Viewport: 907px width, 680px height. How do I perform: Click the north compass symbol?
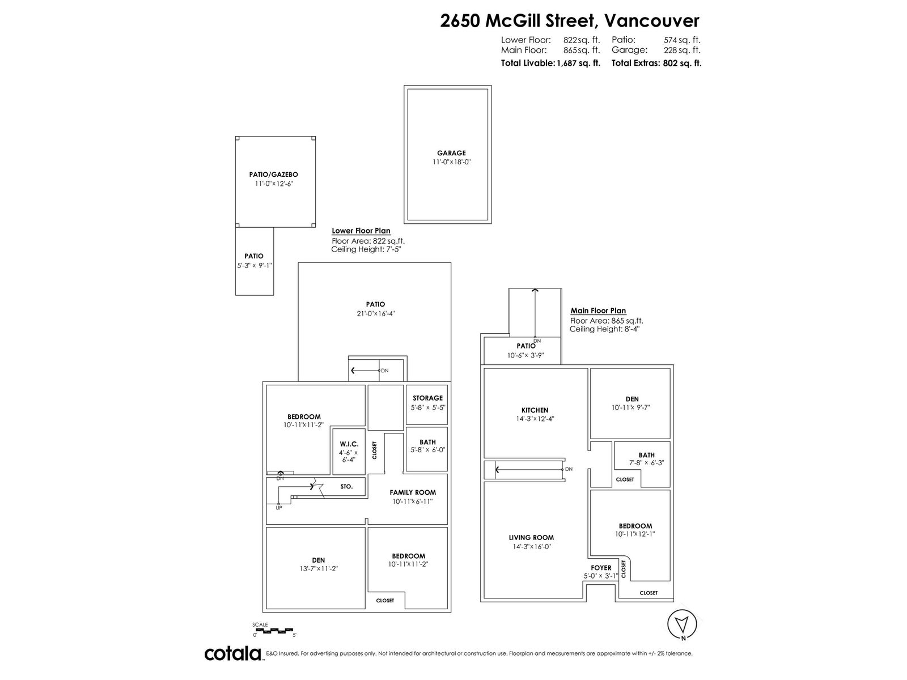tap(682, 624)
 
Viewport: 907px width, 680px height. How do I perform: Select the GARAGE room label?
tap(451, 153)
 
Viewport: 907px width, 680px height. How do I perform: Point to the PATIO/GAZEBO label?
tap(274, 175)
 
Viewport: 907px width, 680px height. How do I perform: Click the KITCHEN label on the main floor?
tap(535, 410)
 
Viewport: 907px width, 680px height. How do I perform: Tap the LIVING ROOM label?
tap(531, 537)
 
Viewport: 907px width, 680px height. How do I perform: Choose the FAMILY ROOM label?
tap(413, 492)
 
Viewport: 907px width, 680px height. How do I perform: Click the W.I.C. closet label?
tap(349, 444)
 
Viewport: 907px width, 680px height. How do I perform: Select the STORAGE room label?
tap(427, 398)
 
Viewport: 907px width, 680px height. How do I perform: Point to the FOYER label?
tap(601, 568)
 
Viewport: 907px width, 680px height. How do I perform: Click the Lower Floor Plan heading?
tap(361, 231)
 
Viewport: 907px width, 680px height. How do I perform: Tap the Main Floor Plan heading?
tap(598, 311)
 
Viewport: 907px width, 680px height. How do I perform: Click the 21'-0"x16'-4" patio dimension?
tap(376, 313)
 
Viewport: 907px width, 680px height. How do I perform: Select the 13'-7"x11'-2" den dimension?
tap(319, 568)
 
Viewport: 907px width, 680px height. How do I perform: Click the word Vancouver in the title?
tap(652, 20)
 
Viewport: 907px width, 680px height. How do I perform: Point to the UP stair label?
tap(279, 508)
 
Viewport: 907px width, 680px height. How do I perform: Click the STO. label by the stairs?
tap(347, 486)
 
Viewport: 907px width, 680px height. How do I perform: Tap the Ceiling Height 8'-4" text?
tap(604, 329)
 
